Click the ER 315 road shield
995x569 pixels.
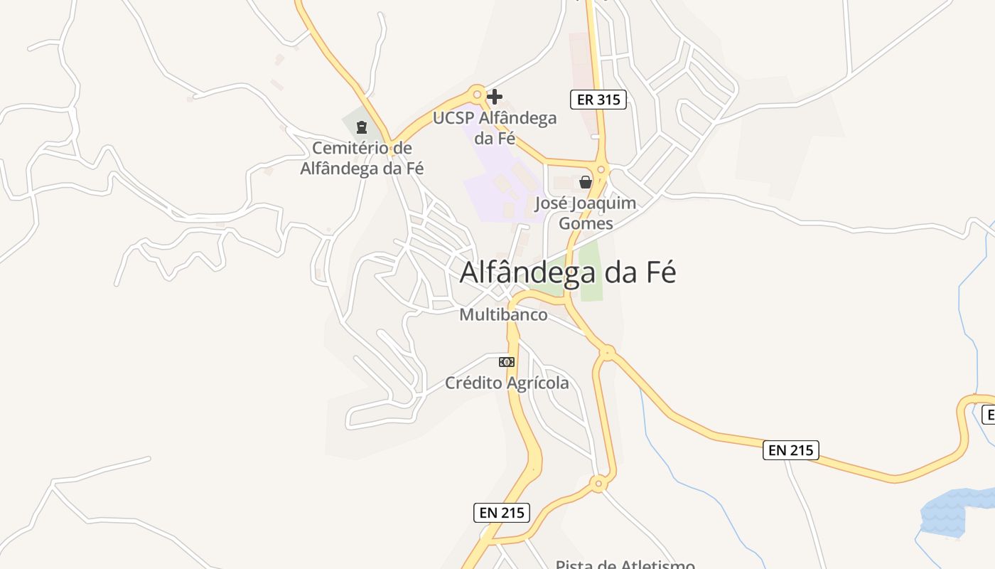(598, 100)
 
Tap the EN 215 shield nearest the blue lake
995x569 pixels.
(790, 450)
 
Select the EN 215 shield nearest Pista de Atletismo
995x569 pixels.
(502, 512)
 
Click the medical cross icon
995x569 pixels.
(495, 96)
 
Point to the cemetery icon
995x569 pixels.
(362, 128)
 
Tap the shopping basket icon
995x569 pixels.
(586, 182)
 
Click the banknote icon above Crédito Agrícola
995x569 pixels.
(507, 362)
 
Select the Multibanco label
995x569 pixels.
(503, 314)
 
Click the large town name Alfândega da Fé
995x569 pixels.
(568, 272)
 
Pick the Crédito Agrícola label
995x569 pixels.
(507, 383)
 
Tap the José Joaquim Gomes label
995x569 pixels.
(585, 213)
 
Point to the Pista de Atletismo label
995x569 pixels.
(625, 565)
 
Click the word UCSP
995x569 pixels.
(453, 118)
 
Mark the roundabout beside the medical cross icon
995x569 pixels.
(478, 93)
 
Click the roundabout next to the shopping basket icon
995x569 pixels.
(602, 169)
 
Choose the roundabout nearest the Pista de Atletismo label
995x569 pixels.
(599, 484)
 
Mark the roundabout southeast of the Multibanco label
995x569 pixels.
(607, 351)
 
